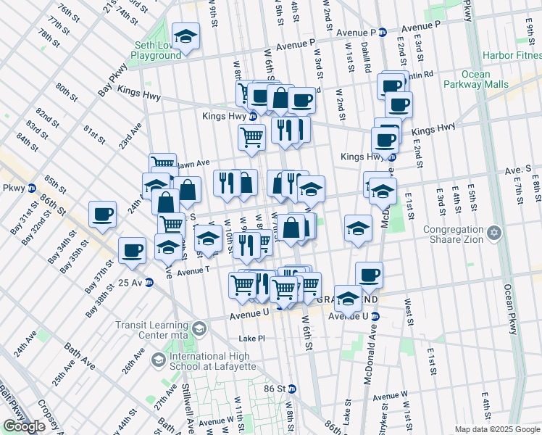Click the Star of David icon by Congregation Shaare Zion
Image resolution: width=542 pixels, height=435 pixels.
pyautogui.click(x=494, y=233)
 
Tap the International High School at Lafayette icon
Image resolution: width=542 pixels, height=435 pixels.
pyautogui.click(x=157, y=360)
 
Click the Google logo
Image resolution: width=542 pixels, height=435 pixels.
pyautogui.click(x=24, y=426)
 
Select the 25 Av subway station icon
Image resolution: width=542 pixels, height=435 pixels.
pyautogui.click(x=149, y=282)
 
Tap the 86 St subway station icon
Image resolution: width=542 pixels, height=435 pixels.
pyautogui.click(x=292, y=389)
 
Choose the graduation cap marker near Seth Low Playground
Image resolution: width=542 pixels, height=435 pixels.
pyautogui.click(x=185, y=37)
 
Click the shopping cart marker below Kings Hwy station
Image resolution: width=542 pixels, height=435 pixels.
pyautogui.click(x=251, y=136)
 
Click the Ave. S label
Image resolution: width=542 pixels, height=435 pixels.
pyautogui.click(x=518, y=168)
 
